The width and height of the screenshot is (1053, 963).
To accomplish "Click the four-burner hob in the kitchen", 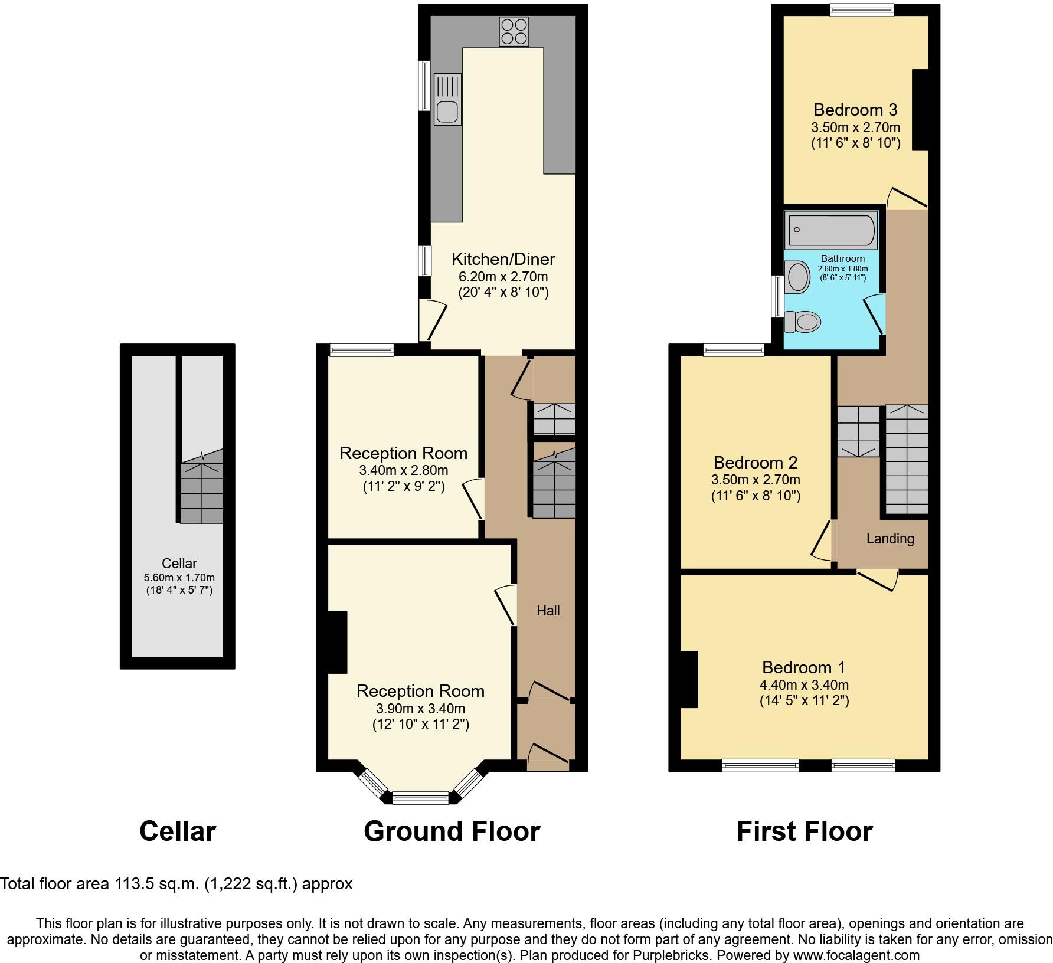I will coord(514,31).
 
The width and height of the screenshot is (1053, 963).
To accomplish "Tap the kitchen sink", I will coord(447,100).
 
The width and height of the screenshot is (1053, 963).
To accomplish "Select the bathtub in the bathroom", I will coord(831,230).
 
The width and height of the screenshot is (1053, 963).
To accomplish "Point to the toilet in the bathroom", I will coord(804,322).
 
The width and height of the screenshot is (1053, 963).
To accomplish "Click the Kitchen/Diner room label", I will coord(503,259).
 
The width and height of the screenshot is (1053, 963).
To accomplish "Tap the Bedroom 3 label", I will coord(855,110).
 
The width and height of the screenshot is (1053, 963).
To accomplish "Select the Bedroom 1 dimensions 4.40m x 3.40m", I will coord(804,685).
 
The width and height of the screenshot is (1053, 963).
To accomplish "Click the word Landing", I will coord(890,538).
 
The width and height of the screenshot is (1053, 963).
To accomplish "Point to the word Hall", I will coord(548,611).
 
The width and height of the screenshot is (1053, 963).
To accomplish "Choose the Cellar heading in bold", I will coord(178,831).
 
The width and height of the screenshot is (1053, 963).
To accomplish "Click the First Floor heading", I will coord(804,831).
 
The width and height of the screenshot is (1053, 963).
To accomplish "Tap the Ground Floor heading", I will coord(452,831).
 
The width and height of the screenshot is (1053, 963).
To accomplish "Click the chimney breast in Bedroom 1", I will coord(689,679).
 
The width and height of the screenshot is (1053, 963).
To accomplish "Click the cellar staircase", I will coord(202,492).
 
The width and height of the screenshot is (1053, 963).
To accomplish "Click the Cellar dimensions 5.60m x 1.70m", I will coord(179,578).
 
